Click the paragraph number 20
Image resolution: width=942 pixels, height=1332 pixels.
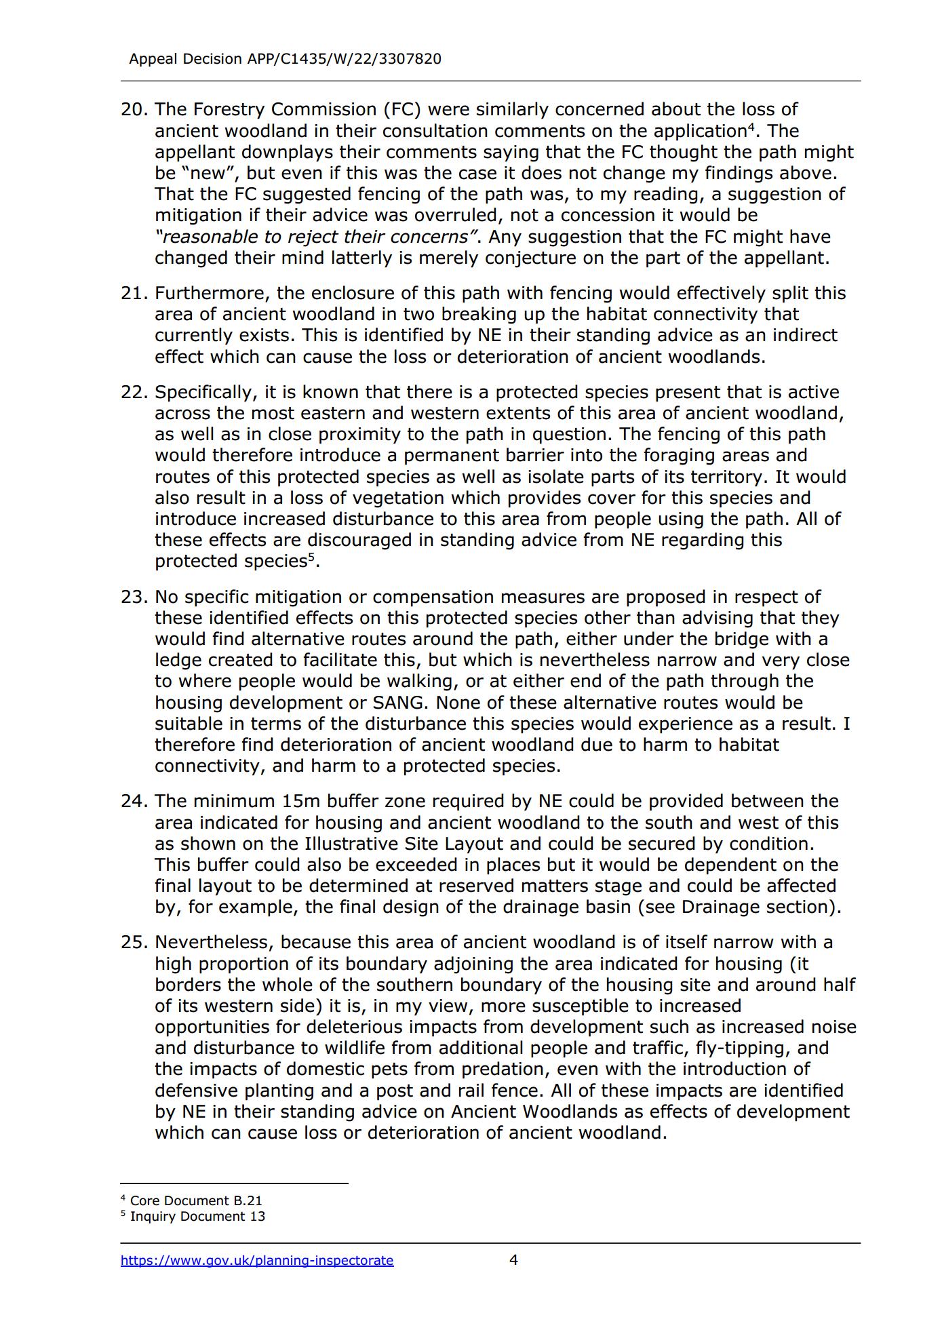click(134, 109)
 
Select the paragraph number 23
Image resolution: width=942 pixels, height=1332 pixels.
click(134, 597)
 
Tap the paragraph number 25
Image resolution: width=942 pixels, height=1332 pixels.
click(134, 942)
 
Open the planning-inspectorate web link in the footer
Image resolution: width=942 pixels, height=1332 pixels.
click(257, 1260)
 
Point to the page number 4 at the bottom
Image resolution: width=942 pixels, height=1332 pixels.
click(513, 1259)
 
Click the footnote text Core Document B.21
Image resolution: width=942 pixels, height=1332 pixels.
click(196, 1200)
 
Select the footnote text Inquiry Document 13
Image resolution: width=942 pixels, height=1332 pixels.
click(197, 1216)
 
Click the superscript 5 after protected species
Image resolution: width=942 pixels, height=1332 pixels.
click(311, 557)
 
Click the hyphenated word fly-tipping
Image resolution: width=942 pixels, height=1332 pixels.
click(743, 1048)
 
